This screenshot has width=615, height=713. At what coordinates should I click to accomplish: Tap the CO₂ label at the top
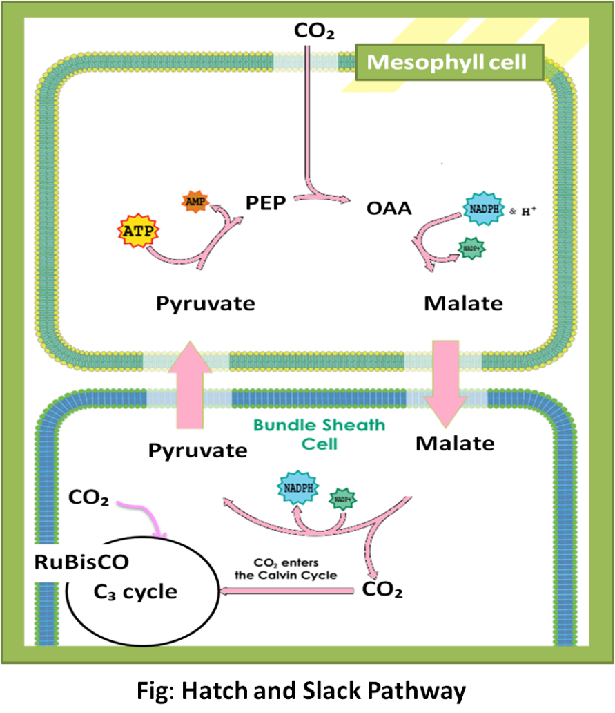pos(314,31)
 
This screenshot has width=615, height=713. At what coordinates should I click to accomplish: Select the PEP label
pos(266,203)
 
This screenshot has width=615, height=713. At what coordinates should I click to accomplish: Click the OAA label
pos(389,207)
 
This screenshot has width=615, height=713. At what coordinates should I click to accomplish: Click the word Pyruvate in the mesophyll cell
pos(206,303)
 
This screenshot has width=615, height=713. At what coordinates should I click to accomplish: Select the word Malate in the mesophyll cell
pos(463,303)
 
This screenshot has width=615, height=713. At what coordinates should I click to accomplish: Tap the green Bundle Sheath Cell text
pos(319,433)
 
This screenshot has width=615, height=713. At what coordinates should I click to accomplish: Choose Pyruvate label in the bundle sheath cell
pos(197,450)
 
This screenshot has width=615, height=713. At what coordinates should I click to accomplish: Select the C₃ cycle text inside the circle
pos(135,591)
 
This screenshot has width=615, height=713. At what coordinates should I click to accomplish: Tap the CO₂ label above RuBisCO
pos(89,498)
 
